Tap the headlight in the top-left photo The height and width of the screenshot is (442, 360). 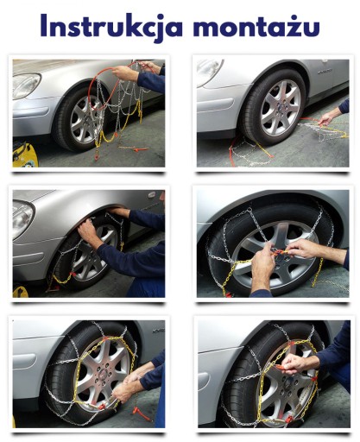coord(27,85)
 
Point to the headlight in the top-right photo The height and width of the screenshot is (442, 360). coord(210,68)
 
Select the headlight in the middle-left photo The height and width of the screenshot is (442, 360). coord(22,218)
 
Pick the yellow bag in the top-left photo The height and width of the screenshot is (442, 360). coord(25,155)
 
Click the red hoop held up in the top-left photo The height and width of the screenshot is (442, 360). coord(111,86)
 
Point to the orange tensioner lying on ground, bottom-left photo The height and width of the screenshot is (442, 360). coord(142,414)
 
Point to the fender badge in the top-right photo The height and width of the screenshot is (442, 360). coord(325,71)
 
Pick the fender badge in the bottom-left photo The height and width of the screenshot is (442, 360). coord(159,331)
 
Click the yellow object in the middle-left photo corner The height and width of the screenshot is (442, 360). coord(20,292)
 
